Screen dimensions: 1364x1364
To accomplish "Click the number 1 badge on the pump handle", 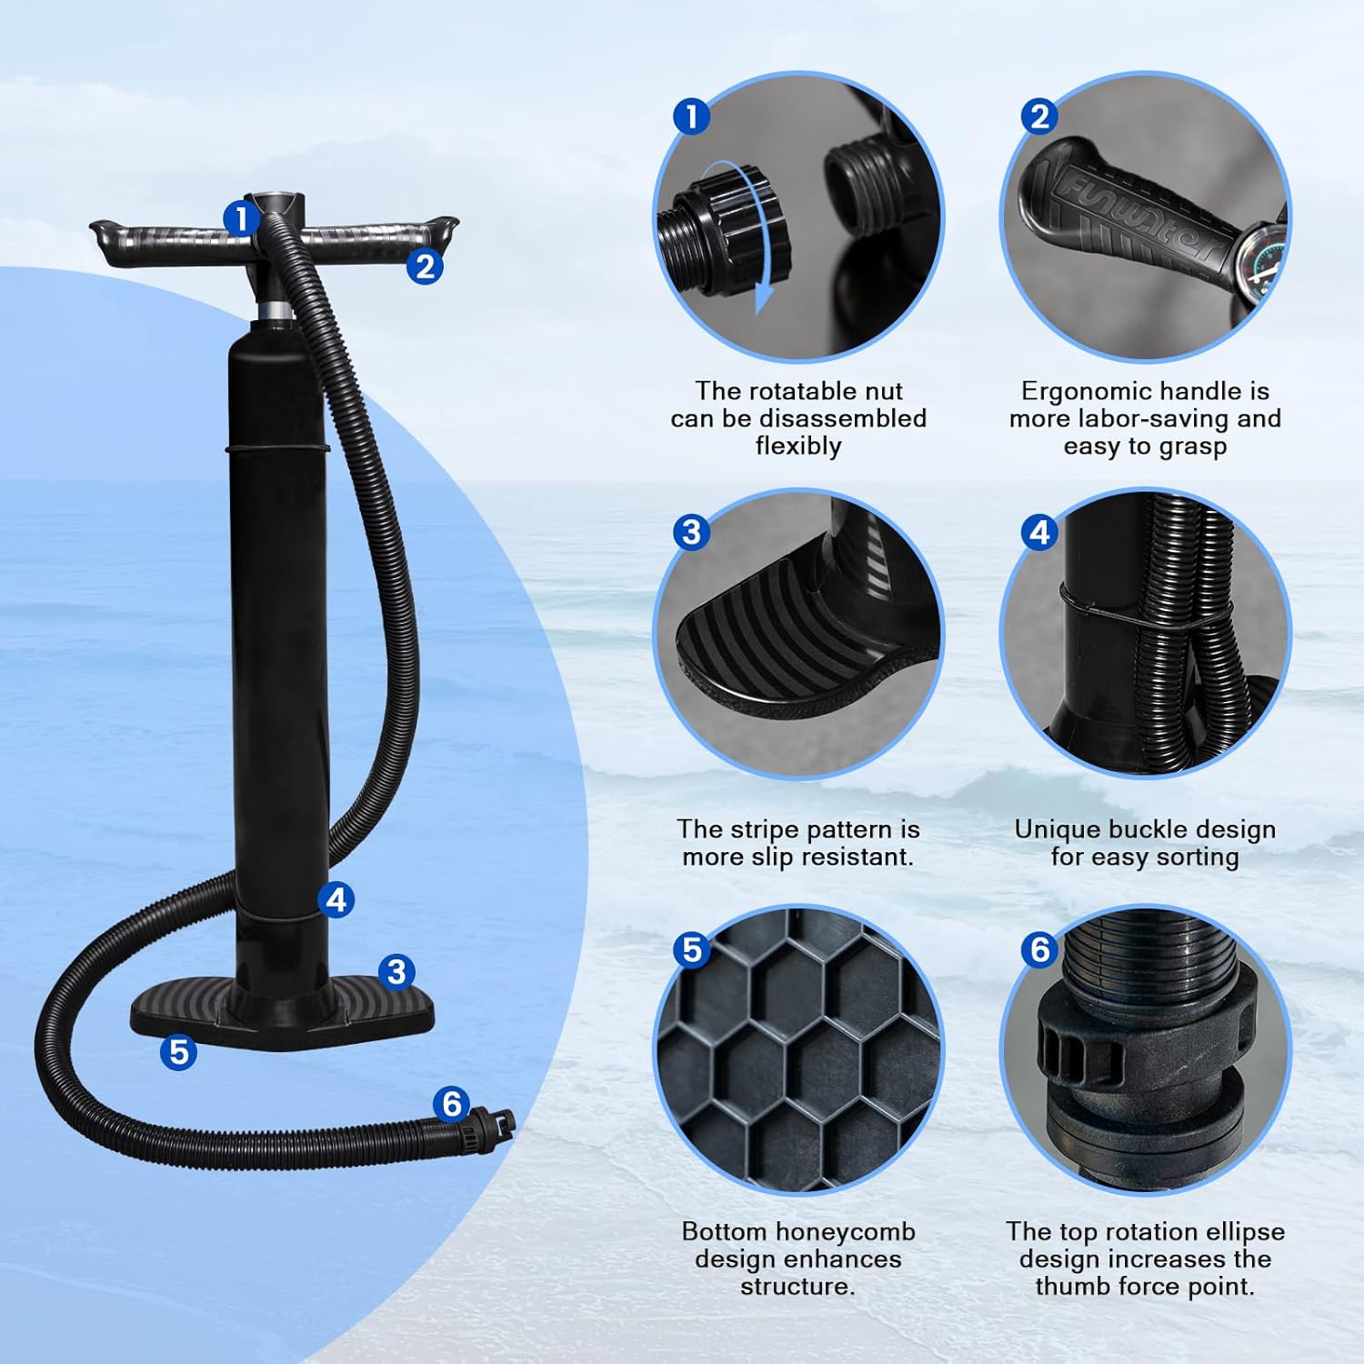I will click(x=240, y=218).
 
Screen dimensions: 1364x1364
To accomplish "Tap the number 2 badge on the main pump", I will click(x=425, y=266).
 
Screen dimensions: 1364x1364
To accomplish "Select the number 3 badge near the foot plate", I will click(x=396, y=971).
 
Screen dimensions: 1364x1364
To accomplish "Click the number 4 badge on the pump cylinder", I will click(x=337, y=899).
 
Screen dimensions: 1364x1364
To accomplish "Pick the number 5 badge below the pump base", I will click(x=178, y=1051).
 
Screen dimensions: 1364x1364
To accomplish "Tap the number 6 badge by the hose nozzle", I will click(x=452, y=1104).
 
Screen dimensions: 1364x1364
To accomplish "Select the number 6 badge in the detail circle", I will click(x=1039, y=949).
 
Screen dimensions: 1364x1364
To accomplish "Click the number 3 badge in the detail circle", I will click(x=691, y=531).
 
